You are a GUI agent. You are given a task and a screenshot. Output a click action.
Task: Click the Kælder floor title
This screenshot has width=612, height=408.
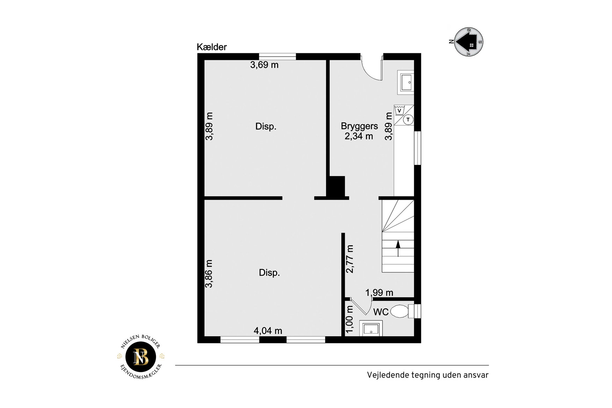tap(211, 47)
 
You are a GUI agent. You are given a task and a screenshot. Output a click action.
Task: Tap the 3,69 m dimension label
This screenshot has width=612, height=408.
tap(264, 65)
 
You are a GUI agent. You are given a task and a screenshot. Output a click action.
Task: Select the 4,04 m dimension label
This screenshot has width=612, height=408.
tap(268, 330)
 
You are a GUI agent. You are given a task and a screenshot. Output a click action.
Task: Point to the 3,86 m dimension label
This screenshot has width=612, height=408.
tap(209, 274)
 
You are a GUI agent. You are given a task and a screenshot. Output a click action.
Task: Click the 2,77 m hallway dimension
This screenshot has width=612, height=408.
tap(350, 259)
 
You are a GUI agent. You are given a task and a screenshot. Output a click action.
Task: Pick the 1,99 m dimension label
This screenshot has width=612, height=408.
tap(379, 292)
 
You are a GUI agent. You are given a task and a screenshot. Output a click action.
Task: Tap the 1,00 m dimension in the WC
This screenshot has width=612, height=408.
tap(350, 319)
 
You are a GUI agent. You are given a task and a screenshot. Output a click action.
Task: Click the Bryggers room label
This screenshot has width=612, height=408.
tap(359, 126)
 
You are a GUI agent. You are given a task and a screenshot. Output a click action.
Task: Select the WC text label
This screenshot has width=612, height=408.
tap(381, 312)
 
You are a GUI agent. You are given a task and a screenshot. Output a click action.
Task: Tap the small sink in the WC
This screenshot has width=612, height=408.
tap(371, 329)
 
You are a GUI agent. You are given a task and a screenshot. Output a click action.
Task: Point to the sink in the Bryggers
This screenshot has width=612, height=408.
tap(406, 83)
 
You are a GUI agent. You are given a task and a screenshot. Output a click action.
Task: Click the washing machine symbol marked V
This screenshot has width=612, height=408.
tap(399, 110)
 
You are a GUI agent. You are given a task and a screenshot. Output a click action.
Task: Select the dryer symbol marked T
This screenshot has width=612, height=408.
tap(408, 120)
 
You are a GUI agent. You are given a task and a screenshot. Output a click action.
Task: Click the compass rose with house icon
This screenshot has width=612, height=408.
tap(469, 42)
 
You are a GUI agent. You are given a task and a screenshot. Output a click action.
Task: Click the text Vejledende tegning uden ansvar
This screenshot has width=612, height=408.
tap(428, 375)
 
